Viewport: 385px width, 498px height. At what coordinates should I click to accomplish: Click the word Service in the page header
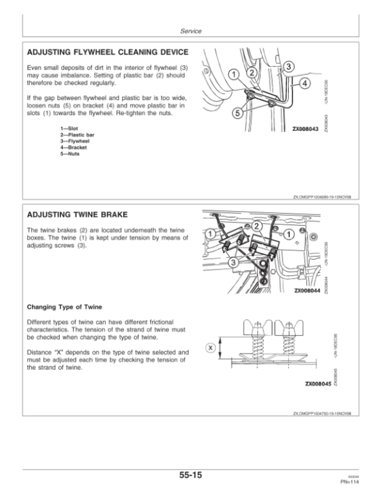point(193,30)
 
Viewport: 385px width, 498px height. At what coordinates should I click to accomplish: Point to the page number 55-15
point(193,476)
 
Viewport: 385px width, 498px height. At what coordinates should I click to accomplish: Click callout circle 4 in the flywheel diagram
point(304,84)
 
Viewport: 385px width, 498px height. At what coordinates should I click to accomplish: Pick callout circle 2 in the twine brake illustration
point(258,227)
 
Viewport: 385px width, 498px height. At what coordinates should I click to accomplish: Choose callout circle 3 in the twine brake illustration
point(233,263)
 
